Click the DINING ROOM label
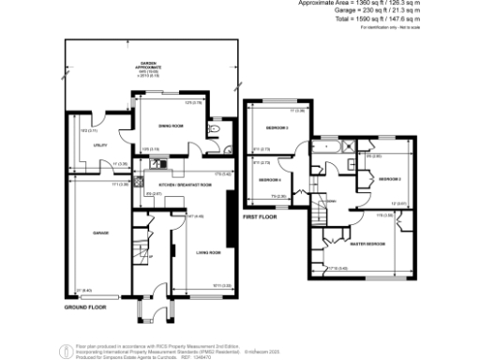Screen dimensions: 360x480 tap(170, 125)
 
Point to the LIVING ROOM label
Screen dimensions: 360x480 tap(208, 252)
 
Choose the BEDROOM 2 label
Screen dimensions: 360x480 tap(390, 178)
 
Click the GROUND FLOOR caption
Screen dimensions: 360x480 tap(86, 307)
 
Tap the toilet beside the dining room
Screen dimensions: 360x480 tap(217, 128)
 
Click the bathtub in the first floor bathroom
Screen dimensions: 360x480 tap(326, 147)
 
